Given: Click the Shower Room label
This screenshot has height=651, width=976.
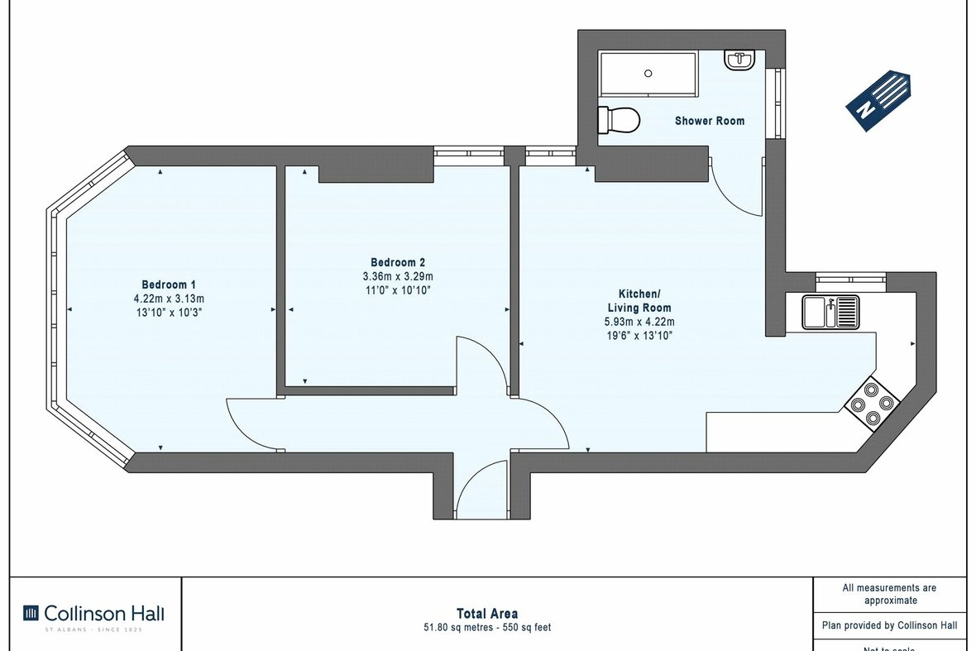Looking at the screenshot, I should point(709,121).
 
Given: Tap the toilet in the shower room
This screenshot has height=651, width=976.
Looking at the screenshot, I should point(619,120).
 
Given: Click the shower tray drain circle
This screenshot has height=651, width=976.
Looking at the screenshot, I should point(648,74).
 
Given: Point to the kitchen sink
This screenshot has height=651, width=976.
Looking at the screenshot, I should point(830,313).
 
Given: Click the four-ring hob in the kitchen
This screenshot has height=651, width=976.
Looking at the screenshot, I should point(872,404).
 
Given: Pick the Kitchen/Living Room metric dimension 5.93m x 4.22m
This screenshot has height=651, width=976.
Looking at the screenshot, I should point(639,322).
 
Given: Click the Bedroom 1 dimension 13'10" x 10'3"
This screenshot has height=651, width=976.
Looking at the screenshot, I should point(168,313).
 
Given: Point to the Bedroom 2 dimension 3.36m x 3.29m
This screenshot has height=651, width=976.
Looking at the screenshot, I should point(398,276).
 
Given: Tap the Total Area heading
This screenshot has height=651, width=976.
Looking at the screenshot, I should point(487,613).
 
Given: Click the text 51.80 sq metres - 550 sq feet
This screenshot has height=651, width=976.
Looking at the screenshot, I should point(487,627).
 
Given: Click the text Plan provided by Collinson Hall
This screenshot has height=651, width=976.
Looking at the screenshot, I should point(889,625).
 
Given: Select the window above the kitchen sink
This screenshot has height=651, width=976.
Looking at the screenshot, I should point(849,279).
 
